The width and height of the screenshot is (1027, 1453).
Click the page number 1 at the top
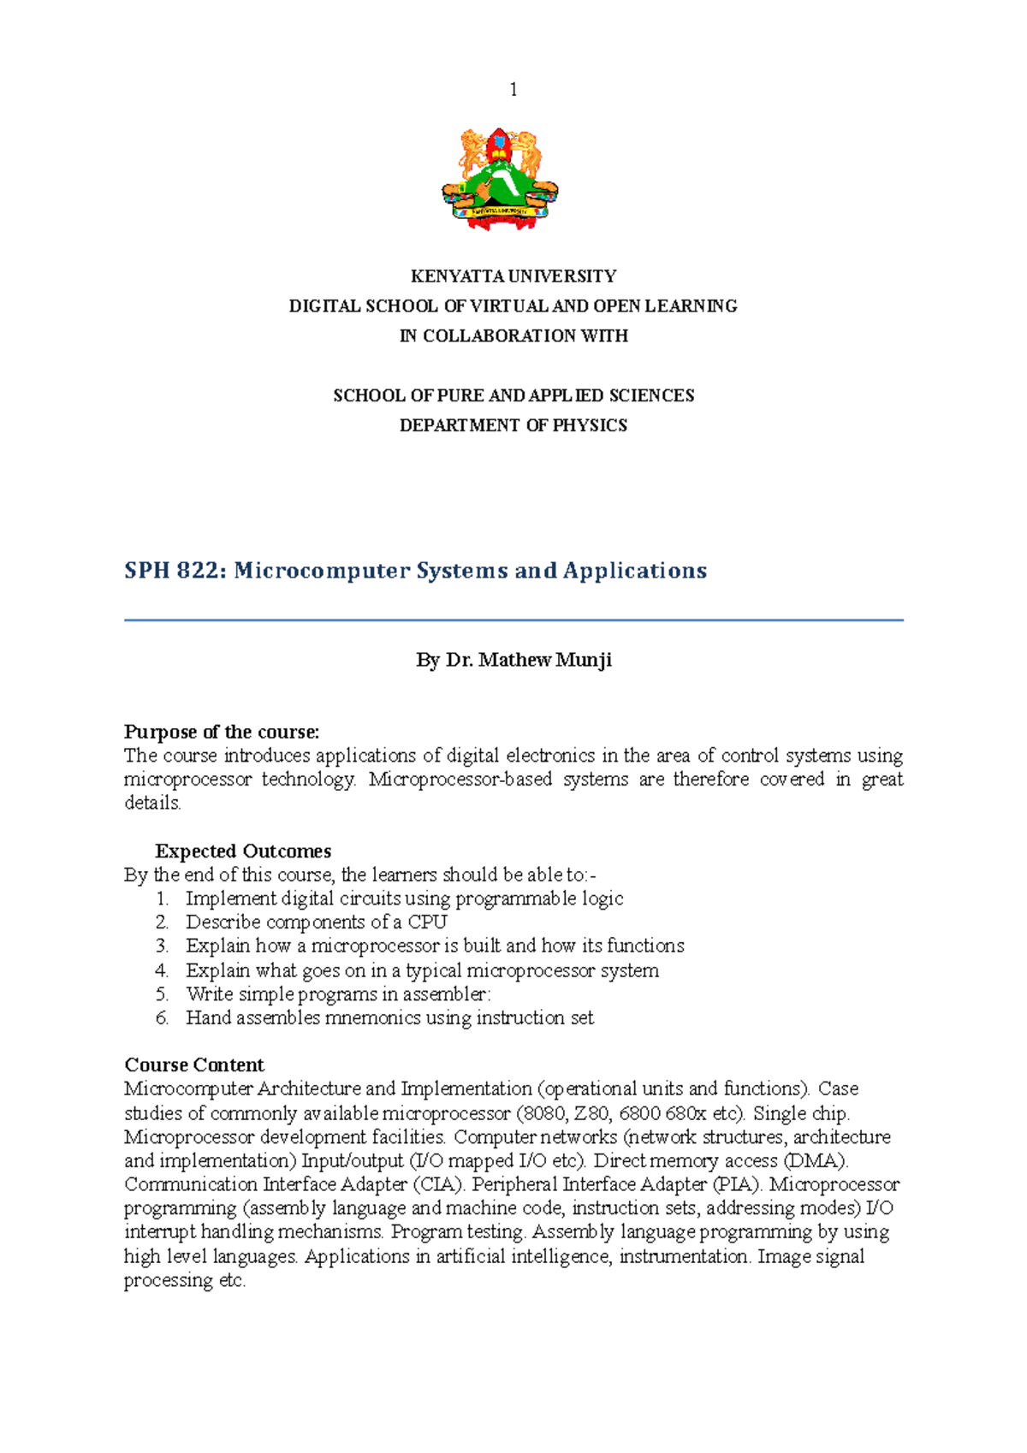tap(513, 90)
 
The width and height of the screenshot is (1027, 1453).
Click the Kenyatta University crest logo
tap(500, 179)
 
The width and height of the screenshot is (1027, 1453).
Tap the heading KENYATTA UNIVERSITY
tap(513, 276)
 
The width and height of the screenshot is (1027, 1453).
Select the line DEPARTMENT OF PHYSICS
tap(513, 425)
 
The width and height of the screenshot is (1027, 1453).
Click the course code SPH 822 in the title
tap(175, 571)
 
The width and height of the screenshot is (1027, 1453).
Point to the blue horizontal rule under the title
tap(513, 620)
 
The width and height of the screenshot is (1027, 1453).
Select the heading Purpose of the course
tap(222, 732)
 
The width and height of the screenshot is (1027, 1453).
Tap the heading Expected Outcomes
tap(243, 851)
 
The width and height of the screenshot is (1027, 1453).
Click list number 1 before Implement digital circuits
tap(162, 899)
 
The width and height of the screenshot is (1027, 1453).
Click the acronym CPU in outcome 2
tap(427, 922)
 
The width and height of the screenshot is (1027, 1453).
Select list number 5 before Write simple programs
tap(162, 994)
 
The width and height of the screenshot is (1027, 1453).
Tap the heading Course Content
tap(194, 1065)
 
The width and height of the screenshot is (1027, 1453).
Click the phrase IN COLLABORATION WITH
tap(513, 336)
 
